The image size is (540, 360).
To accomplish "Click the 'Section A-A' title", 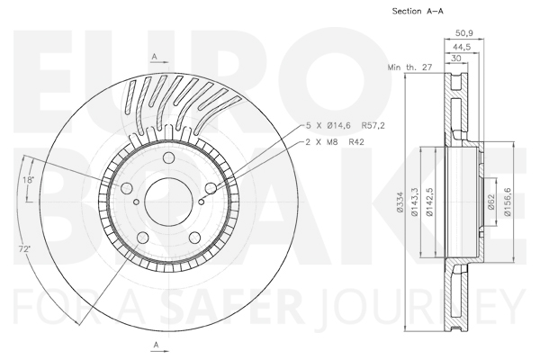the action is point(418,11).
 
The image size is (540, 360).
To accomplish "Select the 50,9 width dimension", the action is point(464,33).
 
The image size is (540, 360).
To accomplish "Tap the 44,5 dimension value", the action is point(462,47).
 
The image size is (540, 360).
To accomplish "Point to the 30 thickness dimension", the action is point(455,58).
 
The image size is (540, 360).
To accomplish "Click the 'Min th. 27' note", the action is point(409,67).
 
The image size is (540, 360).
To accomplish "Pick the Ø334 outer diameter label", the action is point(400,202).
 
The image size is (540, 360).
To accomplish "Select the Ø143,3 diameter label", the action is point(414,202).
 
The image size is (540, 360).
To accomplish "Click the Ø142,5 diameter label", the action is point(429,202).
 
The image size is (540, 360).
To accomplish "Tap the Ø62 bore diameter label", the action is point(491,202).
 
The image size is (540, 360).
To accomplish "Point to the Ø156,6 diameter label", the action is point(508,202).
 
